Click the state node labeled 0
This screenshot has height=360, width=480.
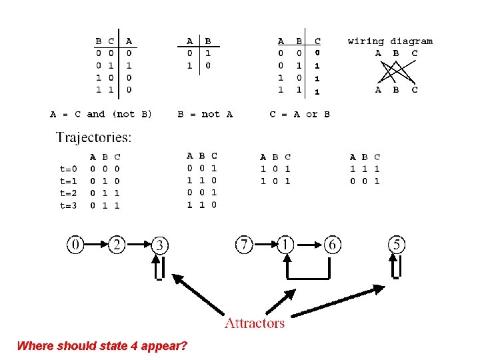click(75, 245)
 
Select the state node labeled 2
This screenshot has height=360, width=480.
click(117, 245)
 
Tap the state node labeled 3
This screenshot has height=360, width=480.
click(159, 245)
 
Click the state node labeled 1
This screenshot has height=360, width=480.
click(287, 245)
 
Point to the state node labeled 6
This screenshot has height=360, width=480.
click(331, 245)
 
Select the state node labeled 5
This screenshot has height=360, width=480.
click(397, 245)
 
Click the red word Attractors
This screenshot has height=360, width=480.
click(255, 323)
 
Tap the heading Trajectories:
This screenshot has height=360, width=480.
click(93, 138)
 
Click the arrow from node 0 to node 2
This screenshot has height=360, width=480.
click(96, 245)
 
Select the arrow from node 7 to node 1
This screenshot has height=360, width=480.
click(265, 245)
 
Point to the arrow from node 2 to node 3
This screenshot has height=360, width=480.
click(138, 245)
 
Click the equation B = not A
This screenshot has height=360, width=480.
click(205, 115)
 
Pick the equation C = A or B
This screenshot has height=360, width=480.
click(299, 115)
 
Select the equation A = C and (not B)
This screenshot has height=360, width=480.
click(101, 115)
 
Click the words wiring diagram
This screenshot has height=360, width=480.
click(390, 41)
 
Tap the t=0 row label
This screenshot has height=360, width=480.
click(69, 169)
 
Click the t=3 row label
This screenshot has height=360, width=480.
click(69, 206)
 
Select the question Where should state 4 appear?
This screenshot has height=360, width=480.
click(102, 346)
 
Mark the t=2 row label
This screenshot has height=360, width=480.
click(69, 194)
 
